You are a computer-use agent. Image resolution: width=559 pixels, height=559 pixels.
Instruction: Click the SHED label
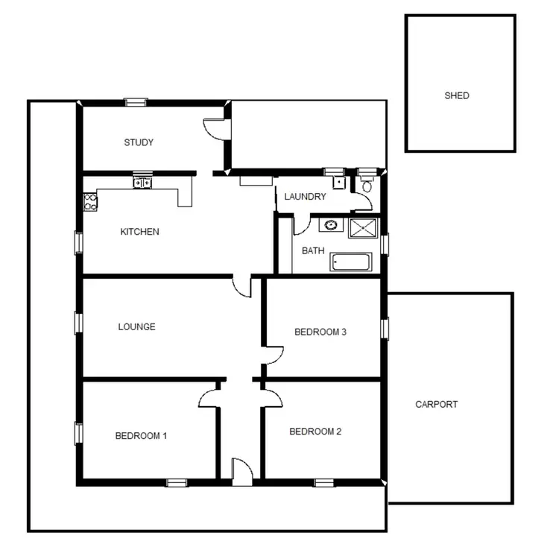click(457, 96)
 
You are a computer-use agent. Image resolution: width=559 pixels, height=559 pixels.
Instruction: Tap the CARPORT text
click(436, 405)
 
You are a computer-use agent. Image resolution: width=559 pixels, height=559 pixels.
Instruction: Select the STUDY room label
click(139, 142)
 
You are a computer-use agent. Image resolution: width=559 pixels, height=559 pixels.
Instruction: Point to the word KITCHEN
click(139, 232)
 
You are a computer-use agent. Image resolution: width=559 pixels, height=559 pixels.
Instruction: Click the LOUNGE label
click(136, 326)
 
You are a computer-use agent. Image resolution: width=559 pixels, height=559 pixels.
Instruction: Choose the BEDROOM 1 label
click(140, 436)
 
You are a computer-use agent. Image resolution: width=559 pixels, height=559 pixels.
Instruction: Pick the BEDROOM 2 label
click(315, 432)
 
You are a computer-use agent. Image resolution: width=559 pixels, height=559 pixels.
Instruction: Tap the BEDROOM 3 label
click(320, 332)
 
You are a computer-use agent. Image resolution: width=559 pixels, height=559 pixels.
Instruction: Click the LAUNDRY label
click(305, 197)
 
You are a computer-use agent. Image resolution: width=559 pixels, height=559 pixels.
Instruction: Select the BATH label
click(313, 250)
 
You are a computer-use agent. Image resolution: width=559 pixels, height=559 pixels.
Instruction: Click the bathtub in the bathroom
click(350, 262)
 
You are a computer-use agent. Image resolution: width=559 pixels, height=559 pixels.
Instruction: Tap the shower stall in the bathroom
click(364, 227)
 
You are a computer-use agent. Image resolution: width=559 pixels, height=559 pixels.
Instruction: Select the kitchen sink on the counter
click(142, 182)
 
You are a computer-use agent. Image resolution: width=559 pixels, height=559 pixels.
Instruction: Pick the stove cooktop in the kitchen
click(90, 200)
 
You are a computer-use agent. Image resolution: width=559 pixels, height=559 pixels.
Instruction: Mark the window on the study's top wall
click(136, 103)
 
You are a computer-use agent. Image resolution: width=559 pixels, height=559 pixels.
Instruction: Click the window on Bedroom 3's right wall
click(385, 328)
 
